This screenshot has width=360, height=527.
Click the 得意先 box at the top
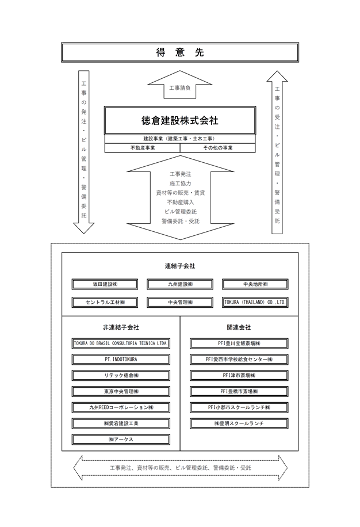coord(180,52)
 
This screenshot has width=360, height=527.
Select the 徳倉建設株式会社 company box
coord(180,120)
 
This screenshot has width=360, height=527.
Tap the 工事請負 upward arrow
coord(180,85)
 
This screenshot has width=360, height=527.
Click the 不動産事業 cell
coord(143,148)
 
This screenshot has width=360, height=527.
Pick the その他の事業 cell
coord(218,148)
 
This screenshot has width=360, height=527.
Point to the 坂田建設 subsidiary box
coord(105,284)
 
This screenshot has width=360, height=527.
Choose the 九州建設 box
coord(180,284)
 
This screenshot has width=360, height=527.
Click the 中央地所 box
coord(255,284)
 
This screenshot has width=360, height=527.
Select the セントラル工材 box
coord(105,303)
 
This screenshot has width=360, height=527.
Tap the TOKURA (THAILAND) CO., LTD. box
coord(255,303)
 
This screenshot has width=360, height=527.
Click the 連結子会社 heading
coord(180,266)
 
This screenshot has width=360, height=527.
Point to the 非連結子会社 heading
coord(121,327)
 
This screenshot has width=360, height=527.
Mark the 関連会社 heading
coord(239,327)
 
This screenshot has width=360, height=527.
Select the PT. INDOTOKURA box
coord(121,359)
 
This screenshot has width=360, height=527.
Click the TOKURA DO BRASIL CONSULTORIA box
coord(121,343)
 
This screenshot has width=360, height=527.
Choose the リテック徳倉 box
coord(121,376)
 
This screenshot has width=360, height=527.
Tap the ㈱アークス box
coord(121,440)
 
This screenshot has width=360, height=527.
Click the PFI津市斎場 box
coord(239,376)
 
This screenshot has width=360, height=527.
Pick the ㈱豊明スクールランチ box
coord(239,423)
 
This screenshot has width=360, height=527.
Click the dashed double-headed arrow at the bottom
coord(180,468)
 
